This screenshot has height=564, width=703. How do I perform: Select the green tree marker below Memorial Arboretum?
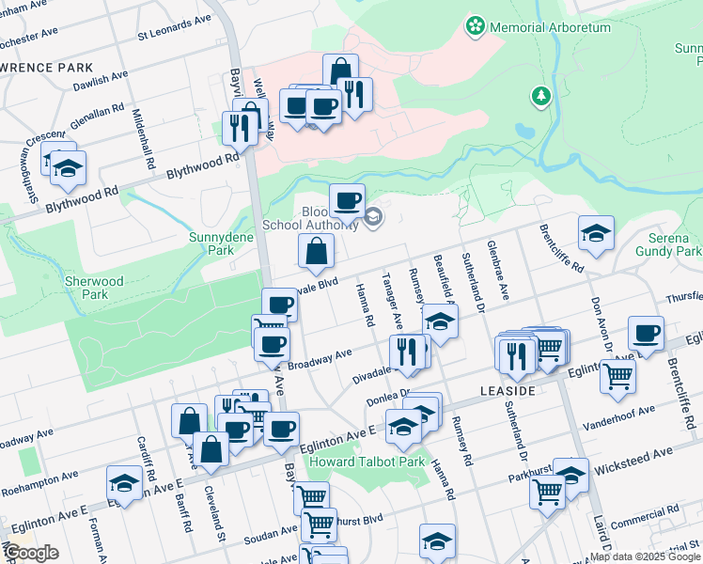pyautogui.click(x=540, y=95)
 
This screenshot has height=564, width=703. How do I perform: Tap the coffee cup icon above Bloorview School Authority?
pyautogui.click(x=347, y=200)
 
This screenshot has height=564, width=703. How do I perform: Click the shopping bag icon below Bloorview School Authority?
pyautogui.click(x=317, y=251)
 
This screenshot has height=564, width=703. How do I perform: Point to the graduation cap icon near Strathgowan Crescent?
pyautogui.click(x=68, y=168)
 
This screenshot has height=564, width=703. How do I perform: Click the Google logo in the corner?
pyautogui.click(x=31, y=553)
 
